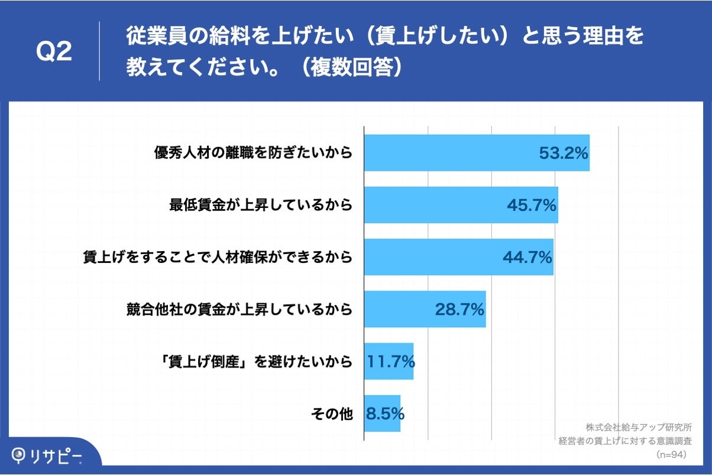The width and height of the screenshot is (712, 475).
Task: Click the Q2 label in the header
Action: point(54,53)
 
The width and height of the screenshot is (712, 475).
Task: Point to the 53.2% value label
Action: point(563,153)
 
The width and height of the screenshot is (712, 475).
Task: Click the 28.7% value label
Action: point(459,309)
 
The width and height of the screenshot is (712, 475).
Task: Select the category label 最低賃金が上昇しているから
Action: point(260,205)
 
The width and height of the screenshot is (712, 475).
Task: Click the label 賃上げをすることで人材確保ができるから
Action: point(218,257)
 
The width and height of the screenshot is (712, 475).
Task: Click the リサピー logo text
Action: point(56,456)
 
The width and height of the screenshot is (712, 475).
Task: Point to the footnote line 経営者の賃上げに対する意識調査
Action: point(626,441)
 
